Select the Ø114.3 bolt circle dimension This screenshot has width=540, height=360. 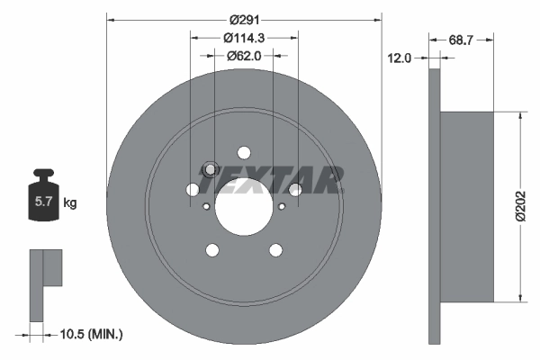(x=244, y=38)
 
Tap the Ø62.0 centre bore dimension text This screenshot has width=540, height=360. (x=244, y=56)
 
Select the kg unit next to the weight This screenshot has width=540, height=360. (x=69, y=203)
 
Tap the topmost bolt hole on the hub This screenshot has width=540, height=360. (x=244, y=152)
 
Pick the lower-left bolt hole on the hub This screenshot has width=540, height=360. (x=212, y=250)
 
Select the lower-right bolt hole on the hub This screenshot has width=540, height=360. (x=275, y=250)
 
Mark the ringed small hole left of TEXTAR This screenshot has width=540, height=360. (x=210, y=169)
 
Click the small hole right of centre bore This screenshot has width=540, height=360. (x=282, y=206)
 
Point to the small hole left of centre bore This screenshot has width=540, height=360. (x=206, y=206)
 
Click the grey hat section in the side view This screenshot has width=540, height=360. (x=467, y=206)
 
